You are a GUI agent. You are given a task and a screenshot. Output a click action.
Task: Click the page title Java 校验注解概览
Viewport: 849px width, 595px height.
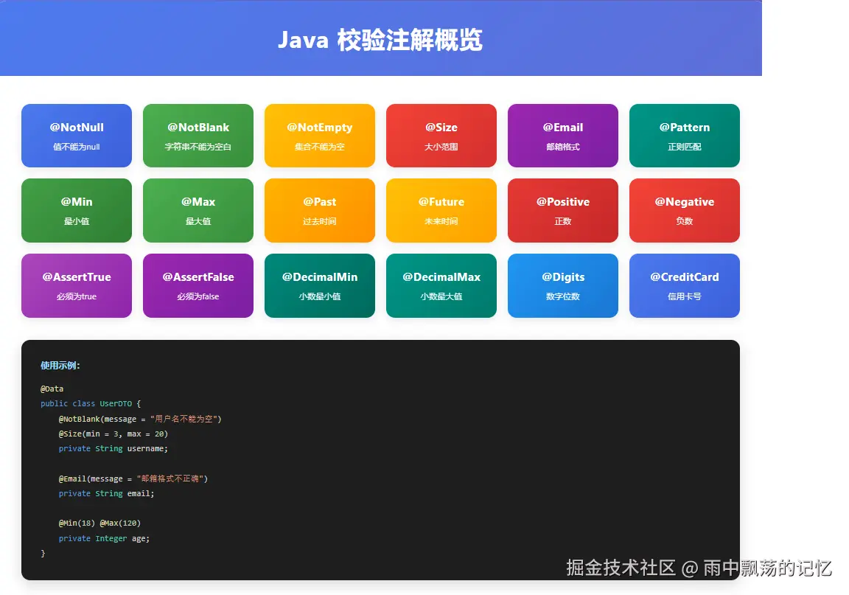tap(380, 40)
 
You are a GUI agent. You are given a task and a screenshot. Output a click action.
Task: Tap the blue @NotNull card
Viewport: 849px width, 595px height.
tap(77, 136)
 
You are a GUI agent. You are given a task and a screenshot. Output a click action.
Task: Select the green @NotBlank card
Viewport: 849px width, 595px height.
tap(198, 136)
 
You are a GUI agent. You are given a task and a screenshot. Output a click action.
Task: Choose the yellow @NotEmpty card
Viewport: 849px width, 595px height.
tap(320, 136)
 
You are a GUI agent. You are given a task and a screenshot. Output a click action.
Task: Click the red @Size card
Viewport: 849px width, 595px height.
tap(441, 136)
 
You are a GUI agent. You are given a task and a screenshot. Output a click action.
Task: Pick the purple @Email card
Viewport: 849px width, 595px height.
tap(563, 136)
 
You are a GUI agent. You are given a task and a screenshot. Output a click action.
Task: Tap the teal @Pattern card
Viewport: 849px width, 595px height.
tap(685, 136)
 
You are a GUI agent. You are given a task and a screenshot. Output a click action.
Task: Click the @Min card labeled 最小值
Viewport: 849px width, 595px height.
tap(77, 210)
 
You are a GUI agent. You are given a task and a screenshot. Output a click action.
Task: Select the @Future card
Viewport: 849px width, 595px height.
tap(441, 210)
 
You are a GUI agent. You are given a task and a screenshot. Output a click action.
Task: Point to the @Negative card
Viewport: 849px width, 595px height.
tap(685, 210)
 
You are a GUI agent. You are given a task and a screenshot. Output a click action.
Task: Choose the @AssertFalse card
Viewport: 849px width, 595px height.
tap(198, 285)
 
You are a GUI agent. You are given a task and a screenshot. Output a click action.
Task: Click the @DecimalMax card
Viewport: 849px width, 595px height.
tap(441, 285)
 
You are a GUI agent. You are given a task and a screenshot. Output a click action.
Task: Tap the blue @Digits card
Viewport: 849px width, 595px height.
tap(563, 285)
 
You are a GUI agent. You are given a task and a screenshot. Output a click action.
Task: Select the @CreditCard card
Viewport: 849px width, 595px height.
tap(685, 285)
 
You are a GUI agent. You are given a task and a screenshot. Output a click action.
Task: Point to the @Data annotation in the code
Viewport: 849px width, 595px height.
tap(52, 389)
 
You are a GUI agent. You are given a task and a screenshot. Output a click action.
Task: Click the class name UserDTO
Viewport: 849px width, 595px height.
tap(117, 403)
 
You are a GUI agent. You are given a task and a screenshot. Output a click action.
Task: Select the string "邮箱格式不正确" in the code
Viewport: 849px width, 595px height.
tap(172, 479)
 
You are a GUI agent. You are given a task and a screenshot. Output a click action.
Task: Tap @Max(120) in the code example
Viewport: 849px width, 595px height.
tap(120, 523)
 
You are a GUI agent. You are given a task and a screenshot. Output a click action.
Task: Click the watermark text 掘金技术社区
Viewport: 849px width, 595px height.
tap(621, 568)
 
